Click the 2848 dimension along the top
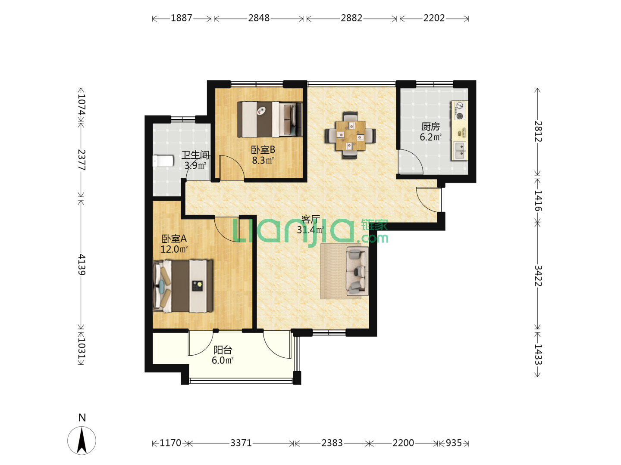click(x=259, y=18)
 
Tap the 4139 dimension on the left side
click(x=82, y=264)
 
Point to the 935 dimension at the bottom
click(x=454, y=443)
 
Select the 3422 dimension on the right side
click(x=538, y=276)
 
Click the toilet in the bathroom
click(x=163, y=161)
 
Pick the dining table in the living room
click(x=350, y=136)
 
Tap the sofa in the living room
click(x=357, y=271)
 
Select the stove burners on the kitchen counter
click(x=459, y=111)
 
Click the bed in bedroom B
click(x=270, y=119)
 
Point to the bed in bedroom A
click(x=182, y=286)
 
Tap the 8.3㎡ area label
click(x=263, y=160)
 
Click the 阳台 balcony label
click(x=223, y=350)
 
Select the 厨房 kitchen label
click(x=430, y=127)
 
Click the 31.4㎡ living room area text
click(x=310, y=230)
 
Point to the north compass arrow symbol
click(x=82, y=440)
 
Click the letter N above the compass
click(x=82, y=417)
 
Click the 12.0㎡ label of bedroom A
click(x=174, y=249)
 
